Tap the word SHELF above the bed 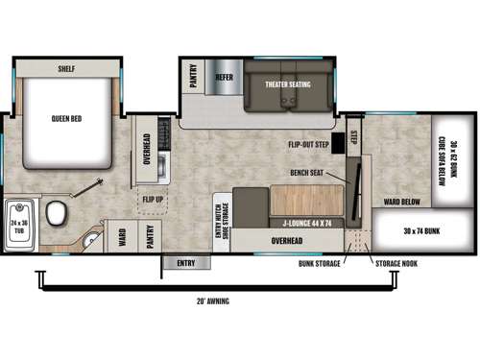pos(66,69)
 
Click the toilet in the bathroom pos(60,210)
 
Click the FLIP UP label pos(153,200)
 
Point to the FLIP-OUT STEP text pos(310,145)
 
